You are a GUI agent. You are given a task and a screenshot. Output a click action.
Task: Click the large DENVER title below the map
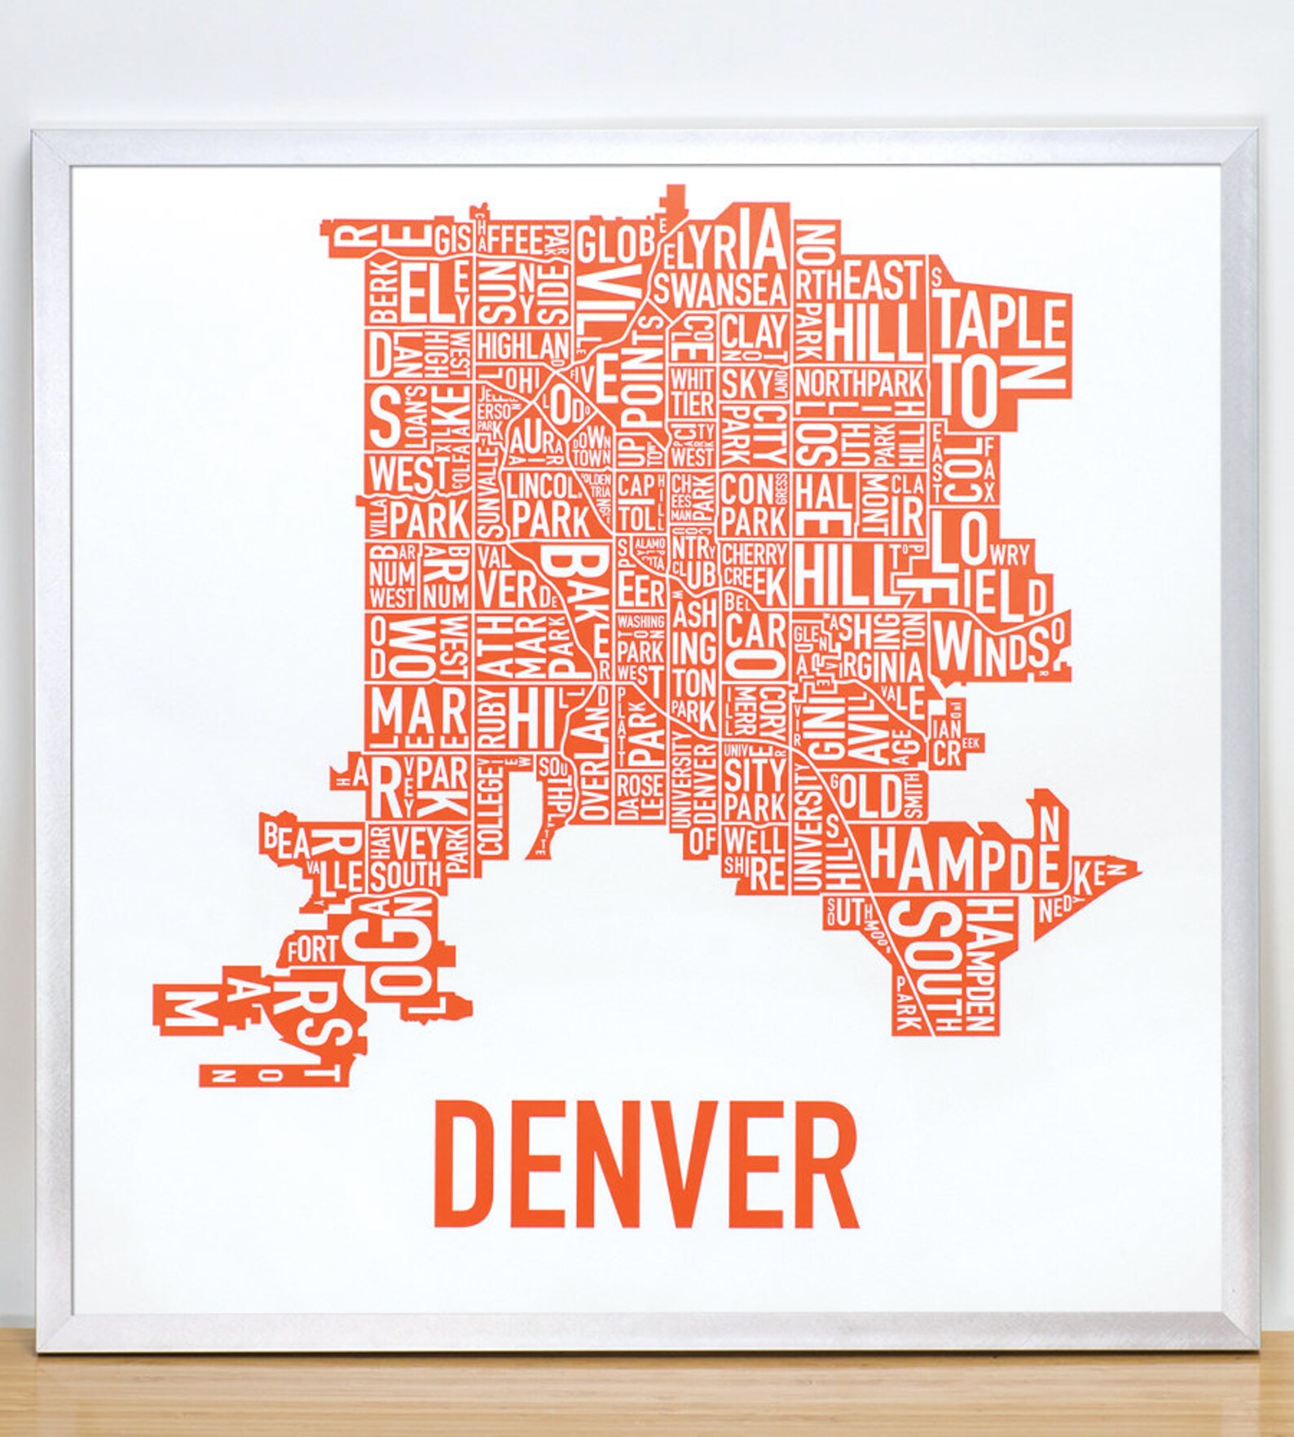coord(645,1163)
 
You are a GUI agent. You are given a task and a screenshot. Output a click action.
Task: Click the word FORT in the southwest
coord(311,948)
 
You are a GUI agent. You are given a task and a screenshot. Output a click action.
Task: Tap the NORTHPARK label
coord(860,382)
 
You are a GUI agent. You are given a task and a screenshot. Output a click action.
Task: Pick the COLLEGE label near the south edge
coord(491,806)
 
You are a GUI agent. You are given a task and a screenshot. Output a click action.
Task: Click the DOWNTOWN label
coord(586,448)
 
